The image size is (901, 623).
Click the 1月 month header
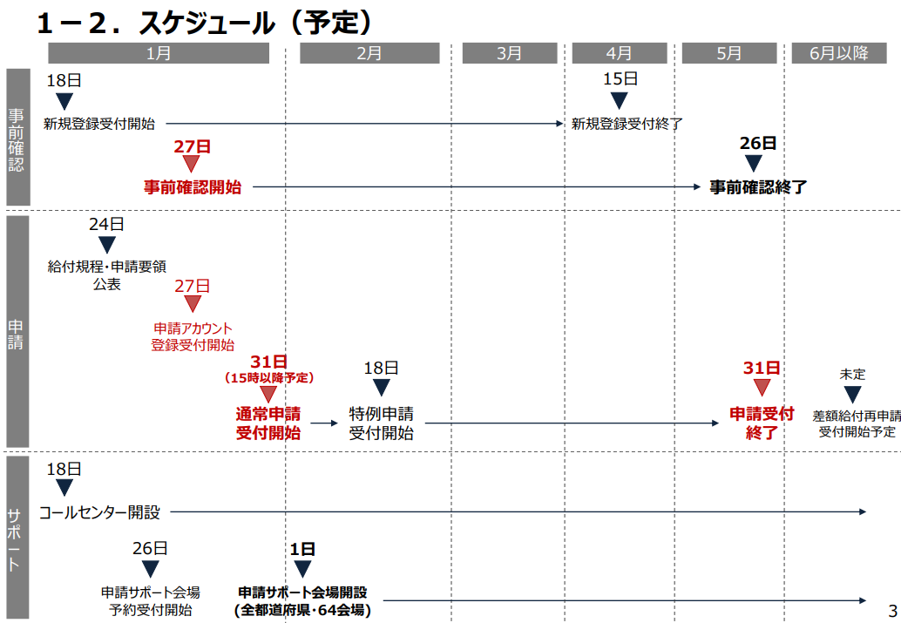point(159,53)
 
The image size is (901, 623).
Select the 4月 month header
point(619,53)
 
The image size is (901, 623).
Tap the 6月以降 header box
point(839,53)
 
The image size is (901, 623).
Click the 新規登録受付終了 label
point(627,124)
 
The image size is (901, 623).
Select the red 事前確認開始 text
point(193,186)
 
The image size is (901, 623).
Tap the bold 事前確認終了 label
point(757,186)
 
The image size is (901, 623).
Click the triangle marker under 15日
point(620,100)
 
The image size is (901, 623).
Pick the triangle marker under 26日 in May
point(754,163)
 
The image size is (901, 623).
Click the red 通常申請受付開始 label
point(268,423)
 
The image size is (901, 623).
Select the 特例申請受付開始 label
point(381,423)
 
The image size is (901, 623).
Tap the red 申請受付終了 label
point(762,423)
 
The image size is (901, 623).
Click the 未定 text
point(852,374)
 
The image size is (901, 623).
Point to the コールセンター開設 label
point(99,512)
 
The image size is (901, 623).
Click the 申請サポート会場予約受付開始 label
point(150,601)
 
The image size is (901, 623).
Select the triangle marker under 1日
point(302,569)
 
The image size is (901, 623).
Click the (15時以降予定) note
point(269,378)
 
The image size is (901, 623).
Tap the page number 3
point(891,611)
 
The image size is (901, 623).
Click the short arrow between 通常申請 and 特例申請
point(323,423)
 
